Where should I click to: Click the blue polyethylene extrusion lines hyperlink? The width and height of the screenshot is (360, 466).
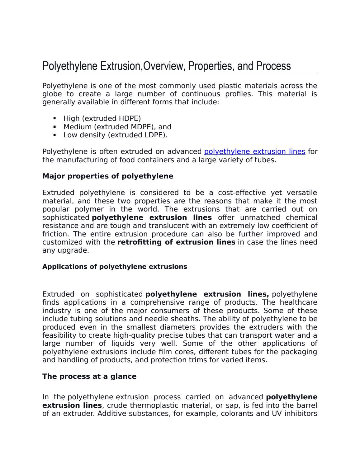[x=254, y=152]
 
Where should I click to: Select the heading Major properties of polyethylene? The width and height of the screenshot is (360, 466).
[x=107, y=176]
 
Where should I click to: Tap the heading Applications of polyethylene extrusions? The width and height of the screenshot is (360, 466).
[x=115, y=267]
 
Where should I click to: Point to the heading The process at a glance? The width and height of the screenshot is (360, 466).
[x=89, y=376]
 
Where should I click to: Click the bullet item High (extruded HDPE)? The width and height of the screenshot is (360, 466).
[x=102, y=119]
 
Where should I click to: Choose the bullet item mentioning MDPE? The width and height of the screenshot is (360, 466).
[x=117, y=127]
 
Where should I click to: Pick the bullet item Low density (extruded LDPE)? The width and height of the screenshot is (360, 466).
[x=115, y=135]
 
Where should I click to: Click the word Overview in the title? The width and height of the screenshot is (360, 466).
[x=162, y=66]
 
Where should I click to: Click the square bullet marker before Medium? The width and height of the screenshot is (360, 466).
[x=55, y=127]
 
